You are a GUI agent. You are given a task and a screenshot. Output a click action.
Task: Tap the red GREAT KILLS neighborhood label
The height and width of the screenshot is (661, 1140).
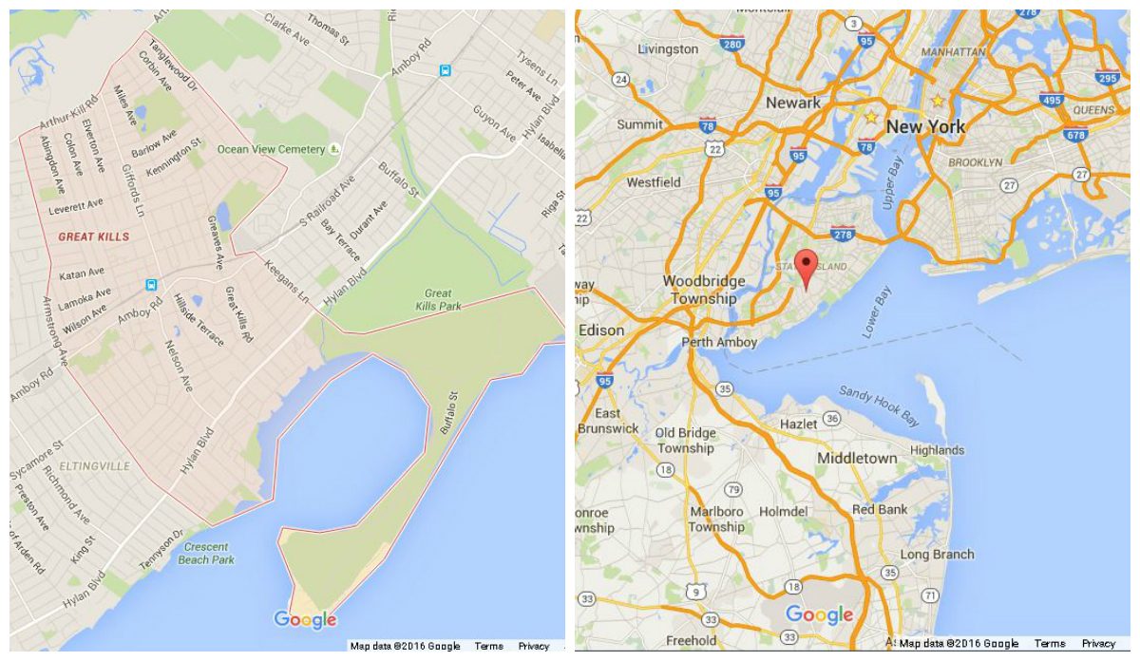pos(93,236)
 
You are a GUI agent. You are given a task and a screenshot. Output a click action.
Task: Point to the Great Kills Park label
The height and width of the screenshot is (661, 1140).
pos(438,300)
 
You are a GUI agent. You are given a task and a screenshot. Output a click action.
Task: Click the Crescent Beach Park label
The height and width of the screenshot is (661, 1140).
pos(205,554)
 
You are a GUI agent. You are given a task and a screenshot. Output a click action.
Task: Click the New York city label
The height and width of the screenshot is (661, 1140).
pos(925,126)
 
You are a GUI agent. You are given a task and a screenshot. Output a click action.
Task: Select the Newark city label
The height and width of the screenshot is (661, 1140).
pos(793,103)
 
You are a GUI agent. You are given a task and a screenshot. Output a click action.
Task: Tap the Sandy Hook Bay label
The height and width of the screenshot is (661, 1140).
pos(879,405)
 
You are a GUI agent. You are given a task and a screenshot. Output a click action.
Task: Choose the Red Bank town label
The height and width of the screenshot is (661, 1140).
pos(881,510)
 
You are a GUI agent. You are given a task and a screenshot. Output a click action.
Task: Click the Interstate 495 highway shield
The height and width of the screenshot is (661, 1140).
pos(1051,99)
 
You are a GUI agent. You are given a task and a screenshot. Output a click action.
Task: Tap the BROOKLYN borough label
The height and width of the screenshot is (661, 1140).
pos(974,162)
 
